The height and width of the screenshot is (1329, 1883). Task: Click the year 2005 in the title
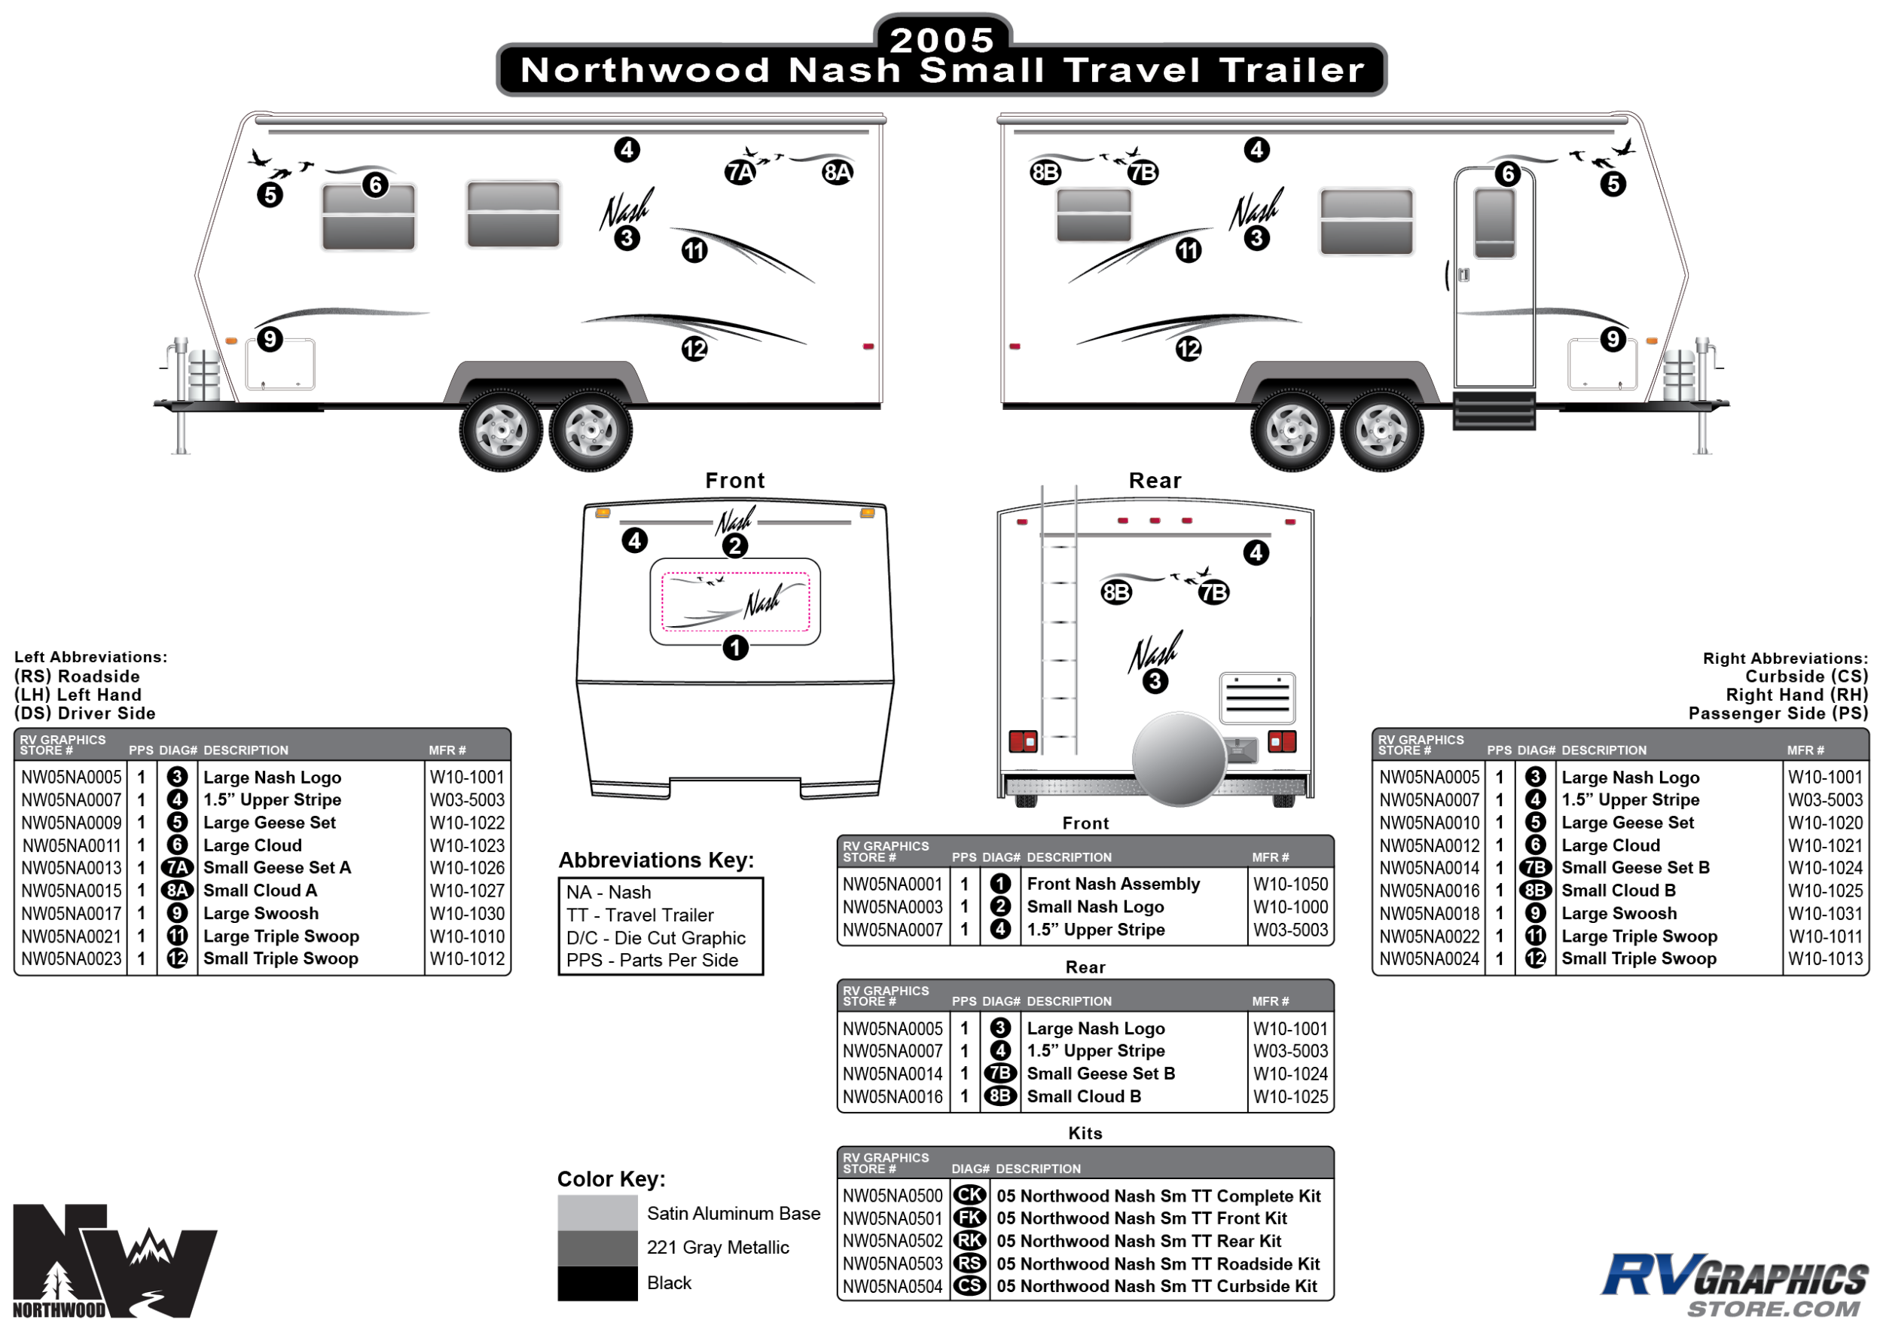[x=941, y=39]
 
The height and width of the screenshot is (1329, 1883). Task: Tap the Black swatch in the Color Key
[x=597, y=1282]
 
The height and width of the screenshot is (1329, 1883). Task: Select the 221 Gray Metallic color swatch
[x=597, y=1247]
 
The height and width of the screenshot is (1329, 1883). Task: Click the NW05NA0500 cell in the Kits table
[x=893, y=1196]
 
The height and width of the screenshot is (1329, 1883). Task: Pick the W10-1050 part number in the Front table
[x=1290, y=884]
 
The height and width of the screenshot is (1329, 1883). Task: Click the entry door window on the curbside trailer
[x=1494, y=223]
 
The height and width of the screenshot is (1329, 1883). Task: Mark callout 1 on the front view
[x=736, y=647]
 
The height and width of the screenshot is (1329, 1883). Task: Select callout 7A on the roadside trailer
[x=740, y=173]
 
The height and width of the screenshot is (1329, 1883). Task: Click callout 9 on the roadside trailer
[x=270, y=339]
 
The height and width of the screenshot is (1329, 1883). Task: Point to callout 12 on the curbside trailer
[x=1189, y=349]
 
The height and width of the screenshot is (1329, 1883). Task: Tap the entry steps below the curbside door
[x=1494, y=410]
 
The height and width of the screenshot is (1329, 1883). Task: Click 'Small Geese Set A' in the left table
[x=276, y=867]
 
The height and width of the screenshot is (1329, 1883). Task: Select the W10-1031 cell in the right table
[x=1825, y=913]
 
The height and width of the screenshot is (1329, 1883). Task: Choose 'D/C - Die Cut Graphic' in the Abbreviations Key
[x=655, y=938]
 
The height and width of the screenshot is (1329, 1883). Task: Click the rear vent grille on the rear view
[x=1257, y=698]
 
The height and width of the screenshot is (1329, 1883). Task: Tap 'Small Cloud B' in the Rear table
[x=1083, y=1096]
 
